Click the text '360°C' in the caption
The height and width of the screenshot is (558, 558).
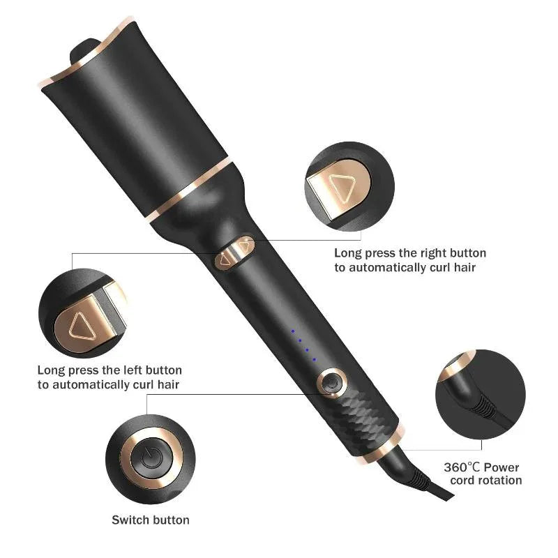click(463, 467)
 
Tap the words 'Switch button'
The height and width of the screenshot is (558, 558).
click(151, 520)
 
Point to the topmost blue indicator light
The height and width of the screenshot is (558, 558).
click(293, 331)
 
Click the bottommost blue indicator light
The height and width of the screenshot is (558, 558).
click(315, 359)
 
